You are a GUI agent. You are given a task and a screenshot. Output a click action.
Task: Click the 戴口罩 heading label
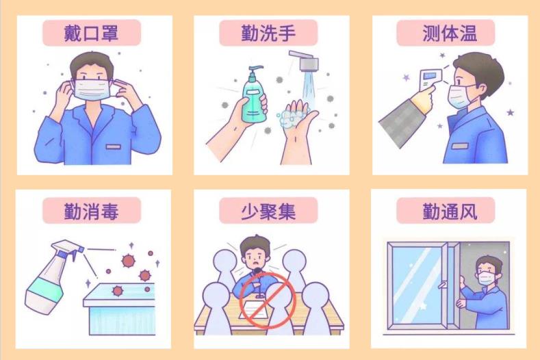pyautogui.click(x=91, y=33)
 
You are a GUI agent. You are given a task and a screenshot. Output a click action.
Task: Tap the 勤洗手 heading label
pyautogui.click(x=268, y=33)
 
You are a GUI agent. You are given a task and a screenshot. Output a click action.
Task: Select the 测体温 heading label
pyautogui.click(x=446, y=33)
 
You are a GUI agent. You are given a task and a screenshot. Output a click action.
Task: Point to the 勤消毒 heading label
pyautogui.click(x=91, y=211)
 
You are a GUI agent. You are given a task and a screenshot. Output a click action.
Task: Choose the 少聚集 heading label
pyautogui.click(x=268, y=211)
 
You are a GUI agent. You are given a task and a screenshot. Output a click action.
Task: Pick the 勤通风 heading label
pyautogui.click(x=446, y=211)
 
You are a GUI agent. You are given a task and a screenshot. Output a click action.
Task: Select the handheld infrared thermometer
pyautogui.click(x=430, y=80)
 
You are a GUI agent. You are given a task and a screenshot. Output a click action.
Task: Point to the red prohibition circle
pyautogui.click(x=268, y=300)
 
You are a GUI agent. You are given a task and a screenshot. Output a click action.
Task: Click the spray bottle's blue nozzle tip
pyautogui.click(x=80, y=248)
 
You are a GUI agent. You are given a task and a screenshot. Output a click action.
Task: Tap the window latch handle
pyautogui.click(x=442, y=285)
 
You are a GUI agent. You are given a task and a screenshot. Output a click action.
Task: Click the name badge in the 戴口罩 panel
pyautogui.click(x=114, y=146)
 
